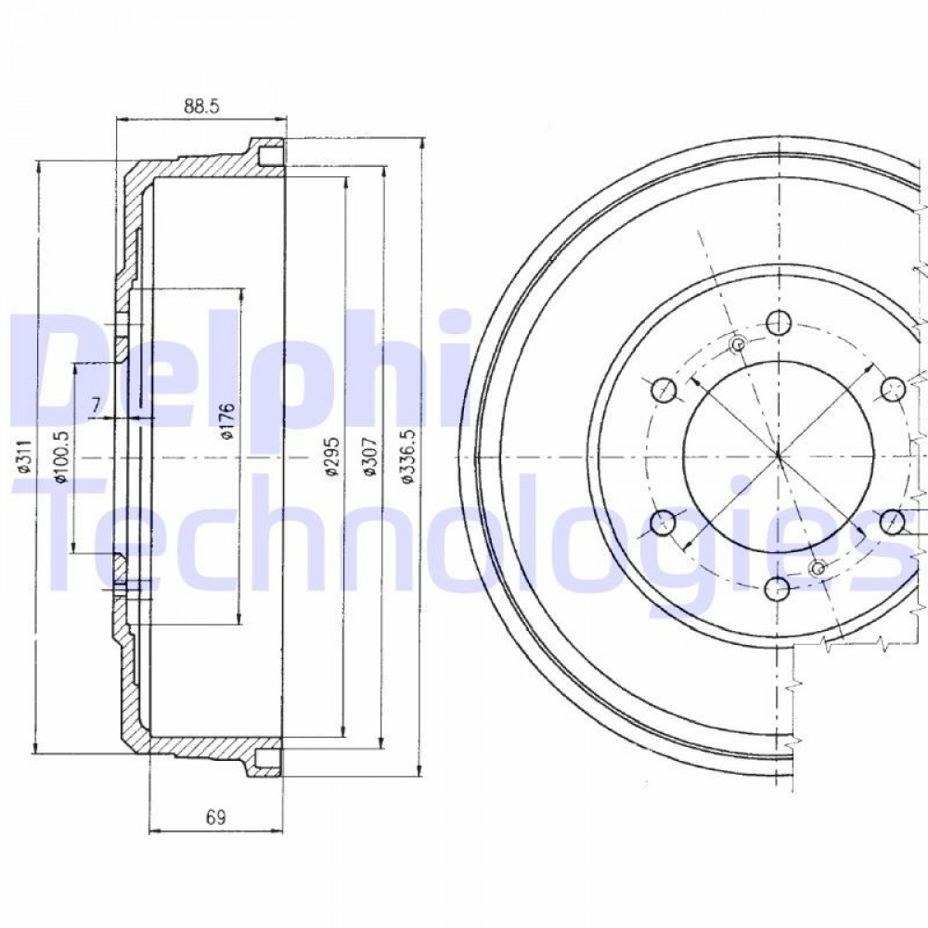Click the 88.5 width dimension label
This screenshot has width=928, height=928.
click(x=201, y=106)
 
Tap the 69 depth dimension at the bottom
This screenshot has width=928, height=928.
click(x=216, y=818)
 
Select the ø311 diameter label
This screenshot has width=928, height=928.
click(x=24, y=458)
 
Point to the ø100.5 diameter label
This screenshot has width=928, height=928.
click(x=62, y=456)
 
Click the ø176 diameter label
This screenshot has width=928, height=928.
click(x=228, y=420)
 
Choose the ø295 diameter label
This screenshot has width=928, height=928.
click(x=331, y=457)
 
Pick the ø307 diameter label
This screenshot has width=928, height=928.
click(x=368, y=457)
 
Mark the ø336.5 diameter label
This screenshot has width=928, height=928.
click(x=407, y=457)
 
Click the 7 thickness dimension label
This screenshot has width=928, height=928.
click(x=96, y=406)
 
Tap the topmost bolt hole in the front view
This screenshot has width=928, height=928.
click(x=779, y=323)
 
